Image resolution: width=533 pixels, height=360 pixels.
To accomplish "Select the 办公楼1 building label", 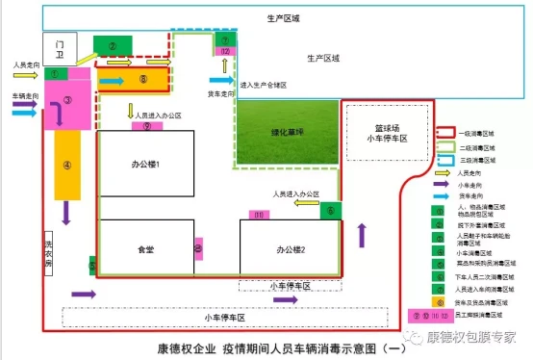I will [x=145, y=165].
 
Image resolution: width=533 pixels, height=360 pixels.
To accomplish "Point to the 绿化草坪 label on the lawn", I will [x=286, y=132].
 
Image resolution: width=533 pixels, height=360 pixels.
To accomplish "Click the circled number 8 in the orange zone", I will [x=142, y=79].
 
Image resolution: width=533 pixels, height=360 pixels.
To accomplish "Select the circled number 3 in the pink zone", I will [x=67, y=99].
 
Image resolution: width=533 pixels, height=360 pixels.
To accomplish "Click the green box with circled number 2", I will [x=113, y=45].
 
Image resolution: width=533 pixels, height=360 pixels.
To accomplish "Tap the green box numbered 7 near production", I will [x=221, y=39].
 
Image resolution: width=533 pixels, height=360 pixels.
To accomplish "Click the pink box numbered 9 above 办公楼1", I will [x=147, y=125].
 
